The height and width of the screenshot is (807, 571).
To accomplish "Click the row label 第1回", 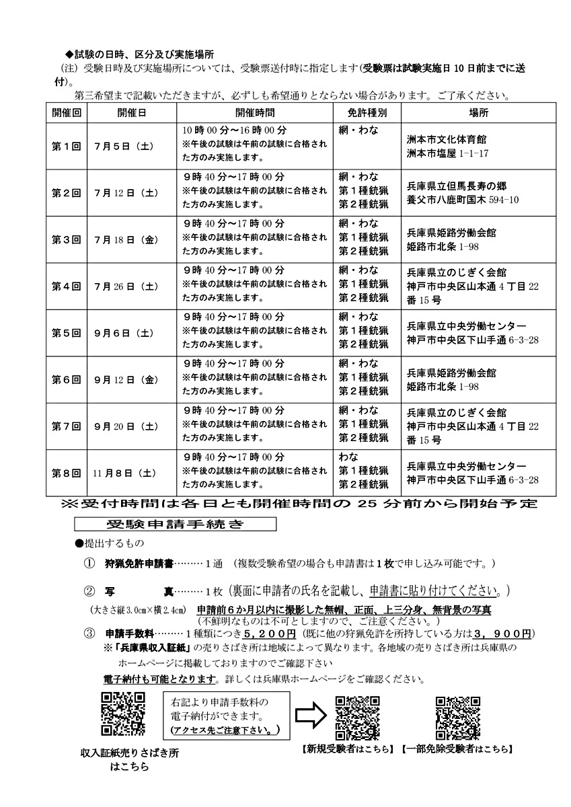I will click(x=67, y=145).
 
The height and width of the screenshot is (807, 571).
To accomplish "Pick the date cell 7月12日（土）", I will click(x=126, y=192).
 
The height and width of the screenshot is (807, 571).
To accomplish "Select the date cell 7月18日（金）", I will click(x=126, y=239).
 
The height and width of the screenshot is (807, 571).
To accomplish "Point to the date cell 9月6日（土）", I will click(x=126, y=333).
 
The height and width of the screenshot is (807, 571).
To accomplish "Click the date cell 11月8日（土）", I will click(x=126, y=473).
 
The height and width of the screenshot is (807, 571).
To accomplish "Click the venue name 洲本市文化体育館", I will click(x=447, y=140).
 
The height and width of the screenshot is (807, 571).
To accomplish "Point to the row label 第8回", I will click(x=67, y=473).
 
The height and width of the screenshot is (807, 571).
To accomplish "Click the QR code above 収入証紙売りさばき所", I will click(x=123, y=715).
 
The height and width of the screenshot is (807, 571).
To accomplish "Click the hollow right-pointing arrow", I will click(x=310, y=714).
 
